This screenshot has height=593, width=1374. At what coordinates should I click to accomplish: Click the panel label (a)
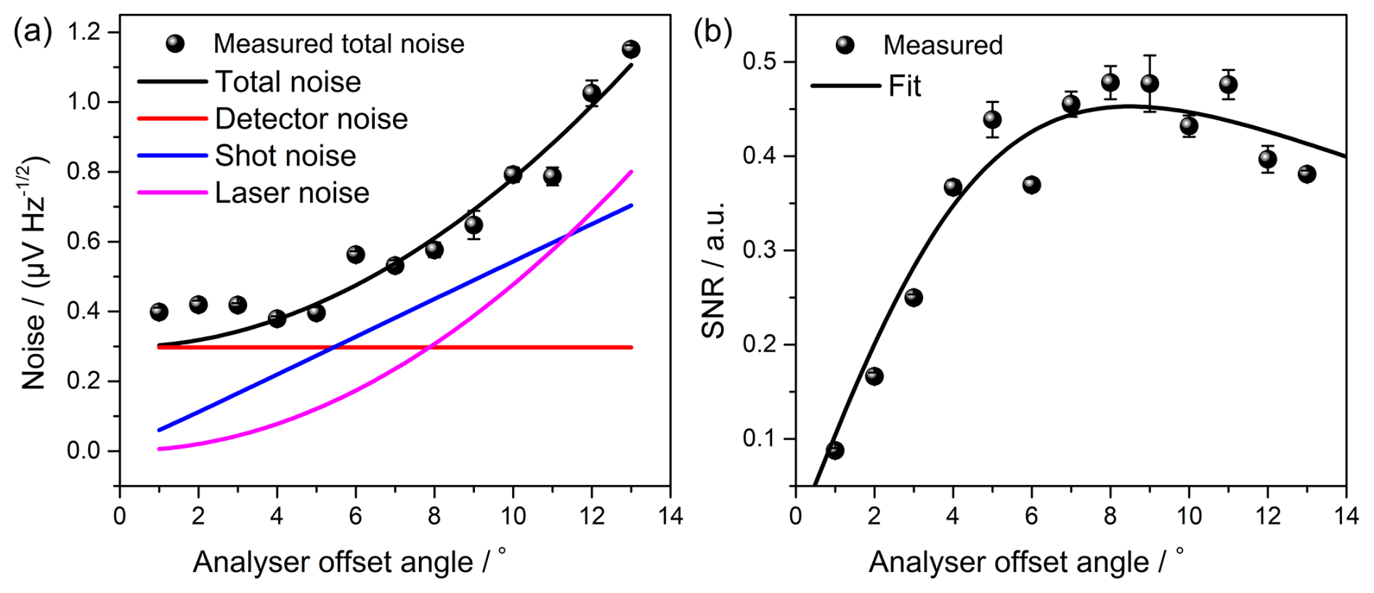(33, 33)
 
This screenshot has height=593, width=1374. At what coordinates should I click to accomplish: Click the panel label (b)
(712, 33)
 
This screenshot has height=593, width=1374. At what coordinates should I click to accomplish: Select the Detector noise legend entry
(311, 119)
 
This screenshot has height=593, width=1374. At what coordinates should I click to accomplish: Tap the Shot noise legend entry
(285, 156)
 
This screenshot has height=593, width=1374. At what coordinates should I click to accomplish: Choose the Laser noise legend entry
(291, 193)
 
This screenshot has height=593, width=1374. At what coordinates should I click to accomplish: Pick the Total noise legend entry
(288, 82)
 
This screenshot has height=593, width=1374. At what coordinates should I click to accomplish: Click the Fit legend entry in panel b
(904, 86)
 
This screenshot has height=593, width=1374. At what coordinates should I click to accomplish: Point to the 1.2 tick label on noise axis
(84, 33)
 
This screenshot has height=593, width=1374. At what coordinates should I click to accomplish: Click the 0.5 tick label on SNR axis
(760, 62)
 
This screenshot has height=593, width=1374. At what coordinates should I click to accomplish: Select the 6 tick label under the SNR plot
(1031, 516)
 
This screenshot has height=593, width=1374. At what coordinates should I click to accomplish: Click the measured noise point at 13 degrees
(630, 49)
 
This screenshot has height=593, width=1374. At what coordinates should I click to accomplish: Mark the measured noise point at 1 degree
(159, 312)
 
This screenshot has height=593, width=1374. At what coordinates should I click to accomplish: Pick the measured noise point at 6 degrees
(355, 255)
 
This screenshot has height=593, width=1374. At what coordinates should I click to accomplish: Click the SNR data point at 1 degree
(835, 450)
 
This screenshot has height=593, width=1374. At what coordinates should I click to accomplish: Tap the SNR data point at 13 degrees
(1306, 174)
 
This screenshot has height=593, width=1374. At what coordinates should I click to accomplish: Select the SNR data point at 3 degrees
(914, 298)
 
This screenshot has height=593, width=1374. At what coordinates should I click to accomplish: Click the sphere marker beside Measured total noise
(175, 44)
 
